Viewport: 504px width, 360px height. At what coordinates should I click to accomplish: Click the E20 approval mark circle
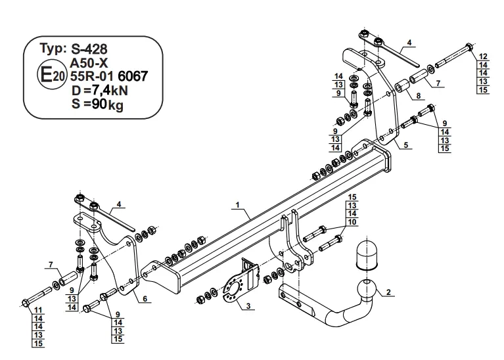point(52,76)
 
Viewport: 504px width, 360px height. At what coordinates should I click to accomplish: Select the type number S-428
point(89,49)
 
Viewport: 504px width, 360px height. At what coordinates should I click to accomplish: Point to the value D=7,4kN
point(100,91)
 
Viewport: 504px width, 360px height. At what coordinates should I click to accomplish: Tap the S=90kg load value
point(97,104)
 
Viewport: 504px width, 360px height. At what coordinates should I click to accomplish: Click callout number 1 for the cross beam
point(237,205)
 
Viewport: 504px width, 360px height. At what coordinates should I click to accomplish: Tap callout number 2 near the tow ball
point(388,292)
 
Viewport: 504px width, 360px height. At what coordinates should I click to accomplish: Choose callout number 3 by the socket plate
point(248,306)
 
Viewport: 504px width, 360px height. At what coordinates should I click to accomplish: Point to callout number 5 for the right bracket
point(406,145)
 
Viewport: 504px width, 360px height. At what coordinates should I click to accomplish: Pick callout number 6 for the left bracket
point(145,299)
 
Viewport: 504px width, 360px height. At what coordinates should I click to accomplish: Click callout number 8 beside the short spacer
point(418,96)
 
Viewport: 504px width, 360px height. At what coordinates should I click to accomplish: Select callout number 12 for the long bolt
point(483,57)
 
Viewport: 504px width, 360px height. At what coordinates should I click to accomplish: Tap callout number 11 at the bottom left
point(38,310)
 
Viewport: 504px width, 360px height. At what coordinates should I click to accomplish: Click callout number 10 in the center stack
point(352,222)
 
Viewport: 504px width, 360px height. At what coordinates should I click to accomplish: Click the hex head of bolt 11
point(25,303)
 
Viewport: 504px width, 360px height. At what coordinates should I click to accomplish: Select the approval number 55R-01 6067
point(109,76)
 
